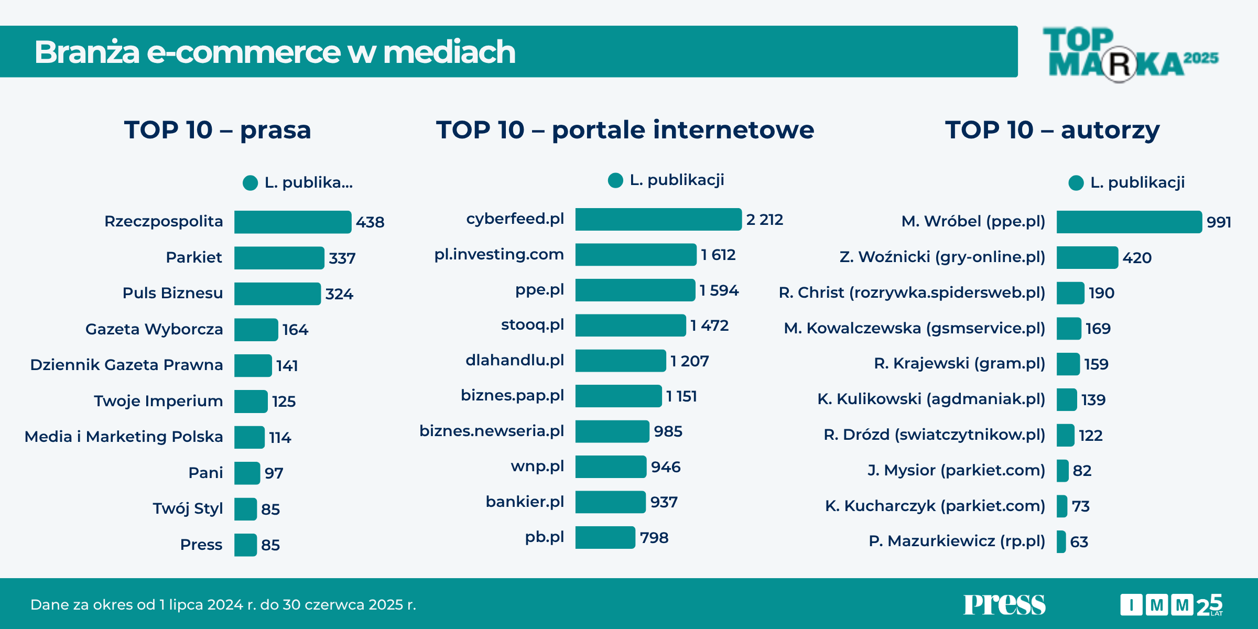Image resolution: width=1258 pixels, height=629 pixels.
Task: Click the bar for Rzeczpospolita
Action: (292, 222)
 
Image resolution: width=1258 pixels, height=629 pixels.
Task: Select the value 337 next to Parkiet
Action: (342, 258)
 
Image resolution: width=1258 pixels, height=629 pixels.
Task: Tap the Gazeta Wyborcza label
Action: (154, 329)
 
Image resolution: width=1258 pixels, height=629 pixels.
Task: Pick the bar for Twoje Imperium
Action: (251, 402)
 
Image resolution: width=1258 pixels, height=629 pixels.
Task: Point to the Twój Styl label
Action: (188, 508)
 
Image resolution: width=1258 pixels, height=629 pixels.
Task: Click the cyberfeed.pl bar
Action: (658, 219)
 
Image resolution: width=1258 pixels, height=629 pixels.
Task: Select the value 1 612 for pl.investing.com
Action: (718, 255)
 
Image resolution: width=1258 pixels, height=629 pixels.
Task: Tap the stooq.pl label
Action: (532, 324)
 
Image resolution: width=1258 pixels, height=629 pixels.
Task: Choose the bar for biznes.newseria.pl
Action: (612, 431)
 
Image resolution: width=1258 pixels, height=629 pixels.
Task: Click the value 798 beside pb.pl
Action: (654, 538)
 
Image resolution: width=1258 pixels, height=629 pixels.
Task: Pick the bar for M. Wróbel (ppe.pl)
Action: (1129, 222)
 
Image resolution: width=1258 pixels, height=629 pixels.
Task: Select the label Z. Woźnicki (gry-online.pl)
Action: (942, 257)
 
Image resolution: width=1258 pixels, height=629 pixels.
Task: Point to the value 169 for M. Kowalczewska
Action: (1098, 329)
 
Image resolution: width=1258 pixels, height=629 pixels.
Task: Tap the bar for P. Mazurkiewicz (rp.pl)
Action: (1061, 541)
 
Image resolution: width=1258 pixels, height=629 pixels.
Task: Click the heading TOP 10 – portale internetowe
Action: (625, 129)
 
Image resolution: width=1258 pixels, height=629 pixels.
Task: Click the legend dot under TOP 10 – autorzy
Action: (1076, 183)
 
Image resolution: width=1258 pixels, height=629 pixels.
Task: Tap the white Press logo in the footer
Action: (1004, 604)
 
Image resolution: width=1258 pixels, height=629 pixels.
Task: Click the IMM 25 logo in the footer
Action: (1172, 605)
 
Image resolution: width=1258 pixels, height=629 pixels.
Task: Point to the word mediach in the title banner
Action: (449, 52)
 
